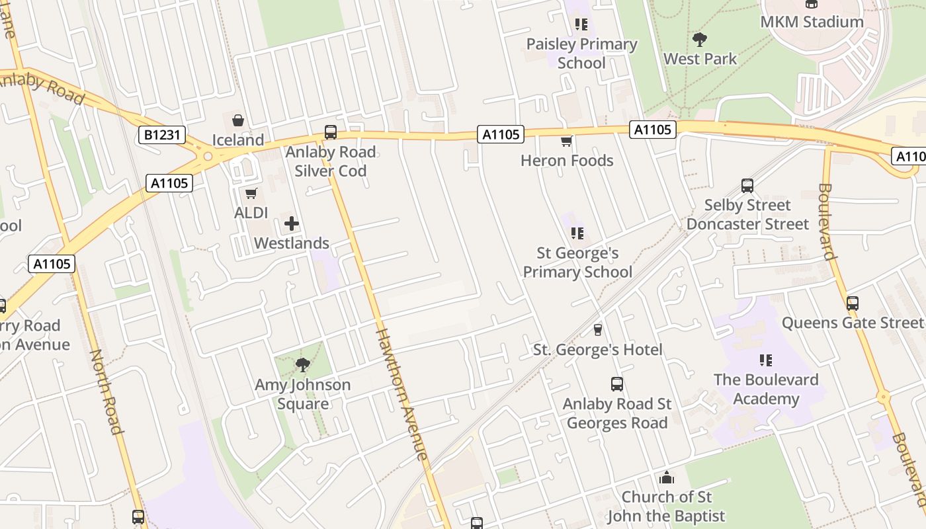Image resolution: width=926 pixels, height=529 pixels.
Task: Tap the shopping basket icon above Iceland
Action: point(237,120)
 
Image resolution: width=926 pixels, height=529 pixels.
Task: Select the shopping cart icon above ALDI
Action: point(251,193)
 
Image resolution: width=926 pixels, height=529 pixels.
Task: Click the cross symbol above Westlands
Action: point(291,224)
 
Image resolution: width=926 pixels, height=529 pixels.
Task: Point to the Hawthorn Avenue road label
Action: point(401,393)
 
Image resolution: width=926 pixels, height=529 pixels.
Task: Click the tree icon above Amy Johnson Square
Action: point(302,364)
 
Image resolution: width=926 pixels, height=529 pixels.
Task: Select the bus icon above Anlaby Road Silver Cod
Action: point(330,132)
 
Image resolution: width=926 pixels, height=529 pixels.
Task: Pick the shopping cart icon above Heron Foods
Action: point(566,141)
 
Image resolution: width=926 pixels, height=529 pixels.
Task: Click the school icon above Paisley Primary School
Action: point(581,25)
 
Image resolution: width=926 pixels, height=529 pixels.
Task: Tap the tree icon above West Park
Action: point(699,39)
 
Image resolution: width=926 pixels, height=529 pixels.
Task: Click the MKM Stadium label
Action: point(812,22)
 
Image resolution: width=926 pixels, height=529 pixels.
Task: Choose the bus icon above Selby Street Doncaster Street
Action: point(747,186)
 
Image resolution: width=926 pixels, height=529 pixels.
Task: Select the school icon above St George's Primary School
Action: point(577,233)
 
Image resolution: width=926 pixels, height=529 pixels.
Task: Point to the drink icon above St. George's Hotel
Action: point(598,329)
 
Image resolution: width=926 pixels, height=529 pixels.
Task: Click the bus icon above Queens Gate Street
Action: point(853,304)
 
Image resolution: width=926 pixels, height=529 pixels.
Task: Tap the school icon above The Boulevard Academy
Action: point(766,360)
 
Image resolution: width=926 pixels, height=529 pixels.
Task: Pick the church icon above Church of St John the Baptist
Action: point(666,477)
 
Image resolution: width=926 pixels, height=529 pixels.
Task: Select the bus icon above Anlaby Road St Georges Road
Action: point(616,384)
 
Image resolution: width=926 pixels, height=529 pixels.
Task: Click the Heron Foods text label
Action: point(567,161)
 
